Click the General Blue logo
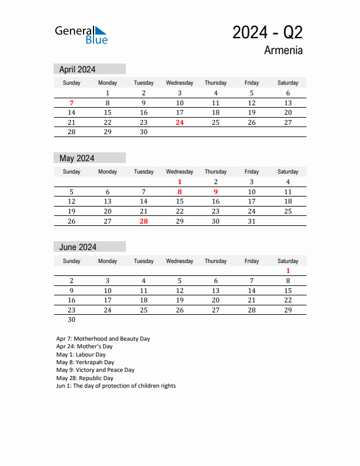[x=81, y=35]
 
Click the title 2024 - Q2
[x=268, y=32]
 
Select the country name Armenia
[x=284, y=51]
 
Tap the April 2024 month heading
[x=78, y=69]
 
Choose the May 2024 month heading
[x=77, y=158]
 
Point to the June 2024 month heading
[x=78, y=247]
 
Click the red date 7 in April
[x=72, y=103]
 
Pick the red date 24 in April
[x=180, y=123]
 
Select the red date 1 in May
[x=180, y=182]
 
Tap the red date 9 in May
[x=216, y=192]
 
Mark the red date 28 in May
[x=144, y=221]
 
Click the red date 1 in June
[x=288, y=271]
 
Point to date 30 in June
[x=72, y=320]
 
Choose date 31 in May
[x=252, y=221]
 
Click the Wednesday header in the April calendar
[x=180, y=83]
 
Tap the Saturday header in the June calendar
[x=288, y=261]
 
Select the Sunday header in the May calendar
[x=72, y=172]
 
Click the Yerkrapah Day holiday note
[x=85, y=362]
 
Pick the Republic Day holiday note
[x=85, y=378]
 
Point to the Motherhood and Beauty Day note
[x=103, y=339]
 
